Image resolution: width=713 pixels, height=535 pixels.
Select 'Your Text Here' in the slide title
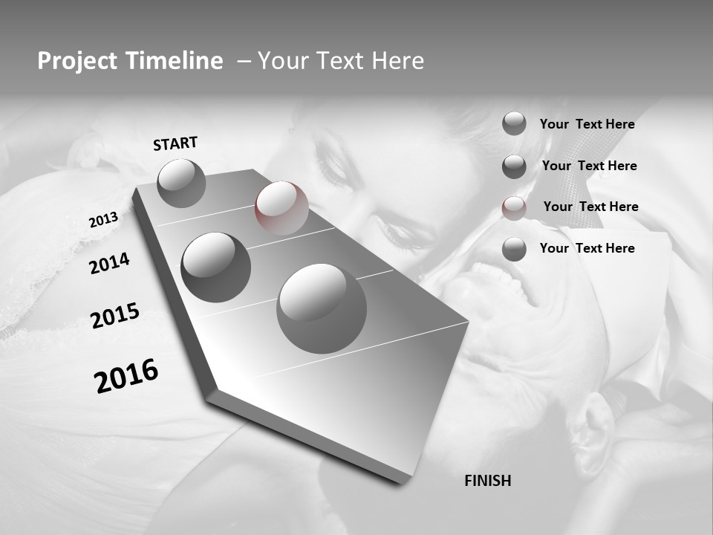[341, 61]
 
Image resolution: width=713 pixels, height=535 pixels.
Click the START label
[175, 143]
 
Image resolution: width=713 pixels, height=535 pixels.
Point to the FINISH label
[487, 481]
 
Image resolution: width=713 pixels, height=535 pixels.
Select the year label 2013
[103, 220]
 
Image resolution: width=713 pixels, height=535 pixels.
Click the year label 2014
[109, 263]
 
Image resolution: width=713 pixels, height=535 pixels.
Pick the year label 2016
[126, 375]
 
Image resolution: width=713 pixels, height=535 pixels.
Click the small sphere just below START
[181, 183]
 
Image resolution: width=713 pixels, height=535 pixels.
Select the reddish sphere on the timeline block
[281, 208]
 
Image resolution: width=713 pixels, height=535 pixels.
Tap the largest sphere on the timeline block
[322, 308]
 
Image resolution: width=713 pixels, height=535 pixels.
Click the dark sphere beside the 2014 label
[215, 267]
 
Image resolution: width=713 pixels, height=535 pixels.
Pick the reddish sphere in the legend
[514, 207]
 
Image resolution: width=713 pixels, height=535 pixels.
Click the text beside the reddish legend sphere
[590, 207]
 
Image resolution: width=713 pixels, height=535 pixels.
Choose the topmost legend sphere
[514, 123]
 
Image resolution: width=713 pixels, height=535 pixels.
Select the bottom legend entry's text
[587, 248]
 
